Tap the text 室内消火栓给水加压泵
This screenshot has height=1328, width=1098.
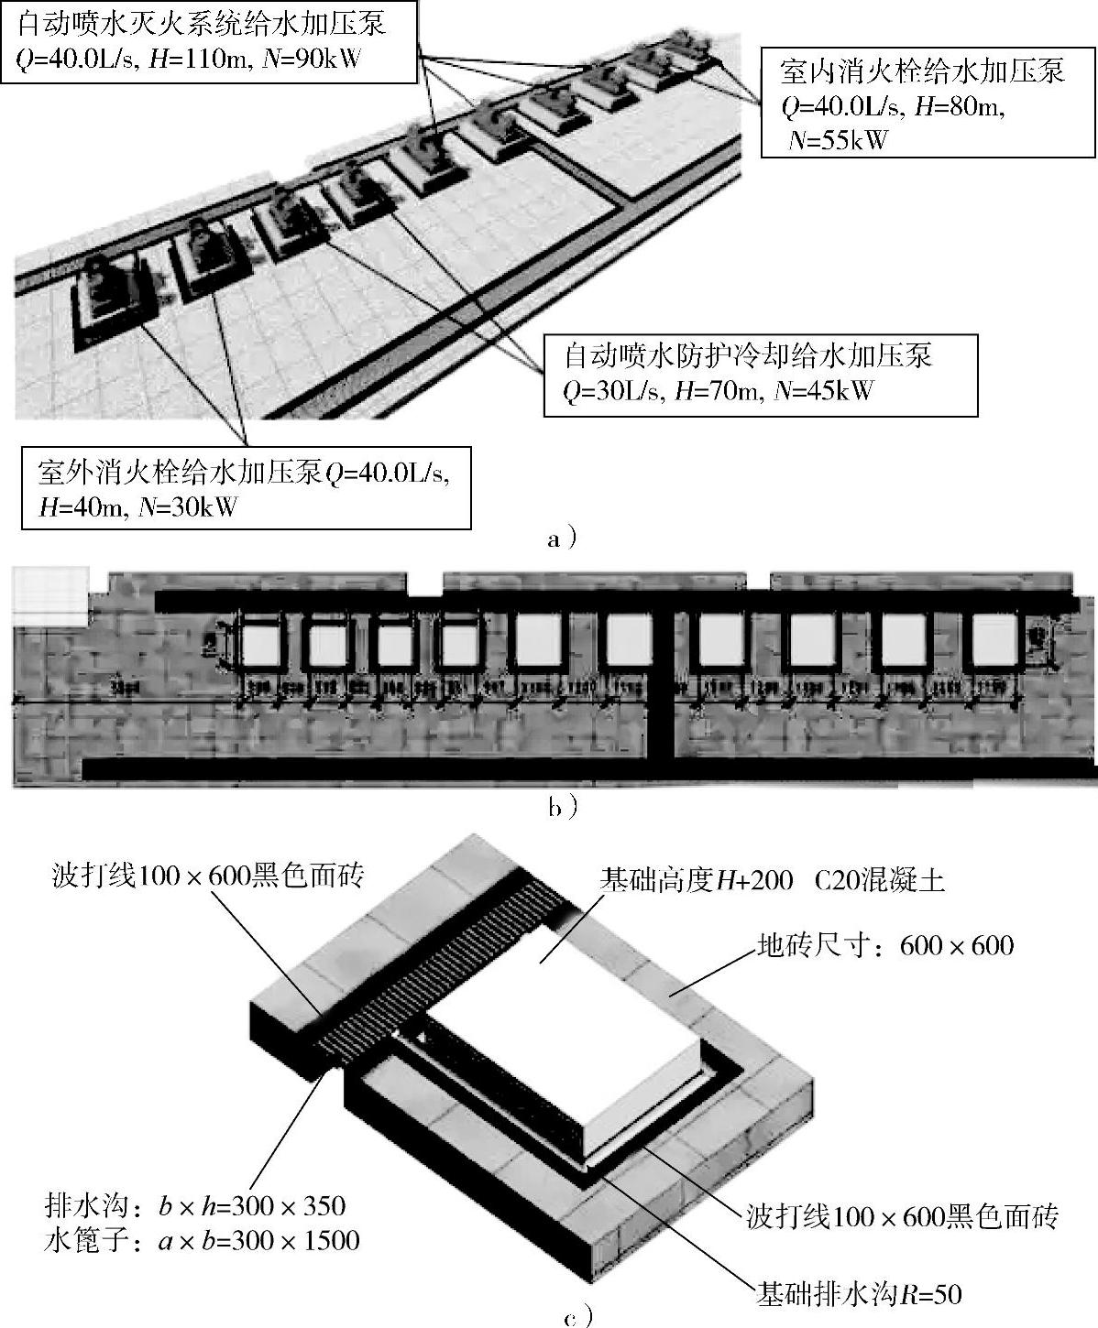tap(921, 71)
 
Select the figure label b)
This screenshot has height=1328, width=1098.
tap(562, 806)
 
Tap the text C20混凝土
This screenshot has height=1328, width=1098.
tap(878, 881)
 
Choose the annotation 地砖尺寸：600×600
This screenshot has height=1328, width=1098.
tap(884, 944)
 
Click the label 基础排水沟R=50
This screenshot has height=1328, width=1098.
tap(858, 1293)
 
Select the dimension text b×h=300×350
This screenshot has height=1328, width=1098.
tap(251, 1206)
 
